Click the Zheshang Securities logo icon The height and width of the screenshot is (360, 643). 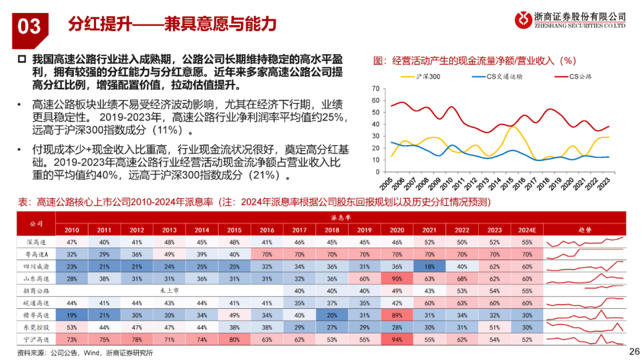[x=523, y=19]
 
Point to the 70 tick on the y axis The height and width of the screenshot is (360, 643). [x=375, y=88]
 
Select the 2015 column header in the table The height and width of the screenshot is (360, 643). [x=235, y=229]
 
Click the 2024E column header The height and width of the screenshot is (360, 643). [x=526, y=229]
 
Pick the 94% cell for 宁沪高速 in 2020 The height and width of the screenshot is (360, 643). [x=396, y=339]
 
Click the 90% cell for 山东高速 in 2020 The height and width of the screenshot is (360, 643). [x=396, y=278]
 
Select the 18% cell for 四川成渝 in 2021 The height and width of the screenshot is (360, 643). [x=429, y=266]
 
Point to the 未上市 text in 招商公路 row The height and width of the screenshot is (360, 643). [x=170, y=290]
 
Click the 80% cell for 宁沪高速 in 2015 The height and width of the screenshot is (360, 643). [x=235, y=339]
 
